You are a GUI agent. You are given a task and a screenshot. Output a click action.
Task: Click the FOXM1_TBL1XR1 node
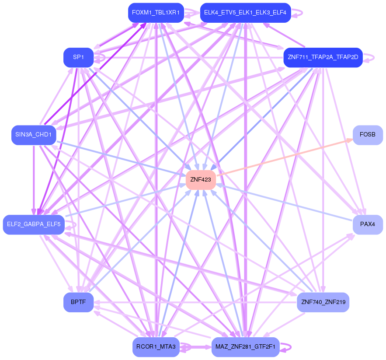point(156,13)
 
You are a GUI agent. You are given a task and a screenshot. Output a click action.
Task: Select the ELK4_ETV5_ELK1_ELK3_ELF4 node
point(245,13)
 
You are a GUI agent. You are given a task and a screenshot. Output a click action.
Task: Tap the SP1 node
point(78,57)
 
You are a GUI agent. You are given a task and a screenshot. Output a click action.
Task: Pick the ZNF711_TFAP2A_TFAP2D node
point(323,57)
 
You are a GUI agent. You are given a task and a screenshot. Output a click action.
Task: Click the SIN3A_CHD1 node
point(34,135)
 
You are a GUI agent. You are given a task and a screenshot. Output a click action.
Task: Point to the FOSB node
point(367,135)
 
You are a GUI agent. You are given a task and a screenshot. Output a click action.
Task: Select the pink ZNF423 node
point(201,179)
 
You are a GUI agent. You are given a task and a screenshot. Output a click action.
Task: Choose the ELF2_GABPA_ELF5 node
point(34,224)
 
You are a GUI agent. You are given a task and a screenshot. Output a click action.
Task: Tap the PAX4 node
point(367,224)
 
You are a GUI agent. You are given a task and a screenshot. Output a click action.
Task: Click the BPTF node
point(78,302)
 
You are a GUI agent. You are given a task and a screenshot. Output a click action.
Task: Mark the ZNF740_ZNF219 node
point(323,302)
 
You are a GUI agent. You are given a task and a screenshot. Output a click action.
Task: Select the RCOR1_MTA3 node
point(156,347)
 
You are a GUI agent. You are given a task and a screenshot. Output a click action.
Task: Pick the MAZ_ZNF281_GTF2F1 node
point(245,347)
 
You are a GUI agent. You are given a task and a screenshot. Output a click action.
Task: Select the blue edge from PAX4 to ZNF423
point(284,202)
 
